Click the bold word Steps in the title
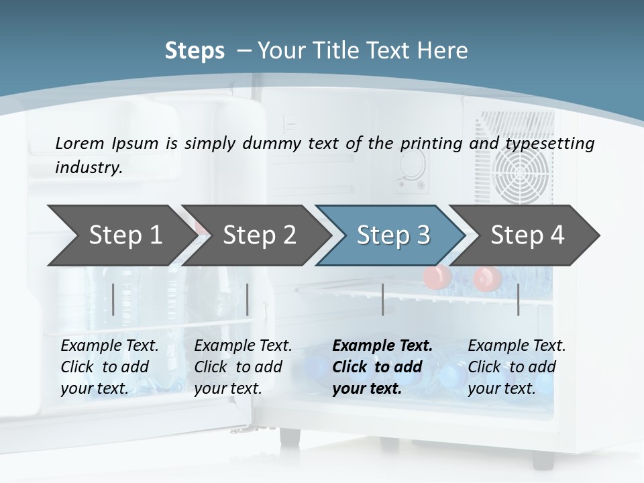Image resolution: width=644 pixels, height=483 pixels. tap(195, 51)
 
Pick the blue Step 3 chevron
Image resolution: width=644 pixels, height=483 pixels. tap(393, 235)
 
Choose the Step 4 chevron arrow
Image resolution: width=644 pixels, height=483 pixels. tap(527, 235)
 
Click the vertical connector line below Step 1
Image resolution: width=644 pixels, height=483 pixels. tap(113, 299)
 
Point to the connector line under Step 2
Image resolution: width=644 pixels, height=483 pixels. tap(248, 299)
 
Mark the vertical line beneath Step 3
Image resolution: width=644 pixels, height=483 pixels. tap(383, 299)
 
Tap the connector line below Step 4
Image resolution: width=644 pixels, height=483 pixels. tap(519, 299)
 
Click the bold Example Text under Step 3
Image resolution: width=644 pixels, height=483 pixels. tap(382, 346)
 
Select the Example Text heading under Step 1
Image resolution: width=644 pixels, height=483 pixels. tap(109, 346)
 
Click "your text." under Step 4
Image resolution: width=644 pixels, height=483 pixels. tap(501, 388)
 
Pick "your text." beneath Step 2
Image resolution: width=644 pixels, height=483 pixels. tap(227, 388)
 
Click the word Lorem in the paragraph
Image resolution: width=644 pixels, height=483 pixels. tap(78, 143)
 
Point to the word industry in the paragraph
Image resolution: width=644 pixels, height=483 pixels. tap(88, 168)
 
